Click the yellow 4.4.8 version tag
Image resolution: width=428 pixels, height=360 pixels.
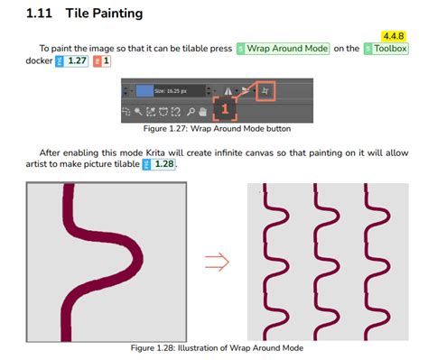pos(394,36)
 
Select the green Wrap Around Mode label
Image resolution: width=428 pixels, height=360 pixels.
pos(283,49)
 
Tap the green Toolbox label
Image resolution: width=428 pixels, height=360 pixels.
pos(386,49)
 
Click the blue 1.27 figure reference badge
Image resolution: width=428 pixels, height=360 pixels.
pos(72,61)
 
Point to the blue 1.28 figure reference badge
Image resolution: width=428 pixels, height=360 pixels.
pos(159,164)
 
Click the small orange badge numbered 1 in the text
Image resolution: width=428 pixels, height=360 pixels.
pos(102,61)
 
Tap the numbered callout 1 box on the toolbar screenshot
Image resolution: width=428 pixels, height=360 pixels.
pos(225,108)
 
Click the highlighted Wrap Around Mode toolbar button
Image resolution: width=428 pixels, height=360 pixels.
pos(265,91)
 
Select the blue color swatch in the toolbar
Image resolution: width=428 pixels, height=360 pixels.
pos(144,91)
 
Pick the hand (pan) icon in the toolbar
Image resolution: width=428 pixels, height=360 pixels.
pos(203,112)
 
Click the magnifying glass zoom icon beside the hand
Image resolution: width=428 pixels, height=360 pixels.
pos(191,112)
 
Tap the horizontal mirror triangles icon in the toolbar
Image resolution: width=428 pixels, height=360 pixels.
pos(228,91)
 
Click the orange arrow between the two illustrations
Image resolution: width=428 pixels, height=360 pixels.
pos(217,262)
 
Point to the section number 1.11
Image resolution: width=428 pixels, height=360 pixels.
pos(39,14)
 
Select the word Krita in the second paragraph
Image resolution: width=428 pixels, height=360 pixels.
pos(155,152)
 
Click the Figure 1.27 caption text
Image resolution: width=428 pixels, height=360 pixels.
pos(217,129)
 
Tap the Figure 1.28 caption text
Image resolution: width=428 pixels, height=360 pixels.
pos(217,348)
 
